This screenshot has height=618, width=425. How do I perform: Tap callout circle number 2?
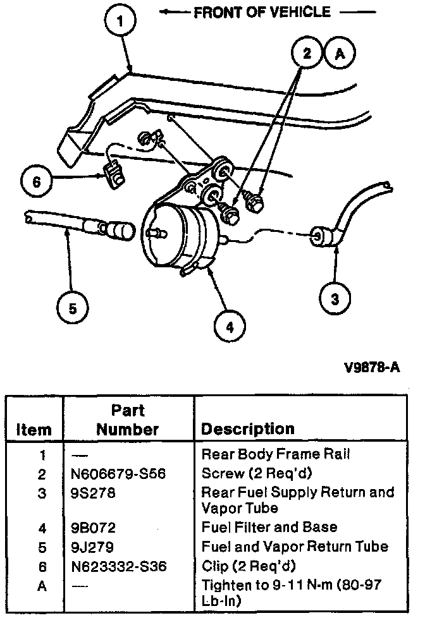(x=307, y=54)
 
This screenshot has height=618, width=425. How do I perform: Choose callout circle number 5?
(x=72, y=308)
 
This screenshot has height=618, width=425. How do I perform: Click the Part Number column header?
(x=128, y=420)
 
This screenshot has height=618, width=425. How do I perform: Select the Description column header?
(x=248, y=429)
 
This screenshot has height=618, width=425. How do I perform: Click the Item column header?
(x=34, y=430)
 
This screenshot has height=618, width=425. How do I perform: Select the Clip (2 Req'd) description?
(x=249, y=567)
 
